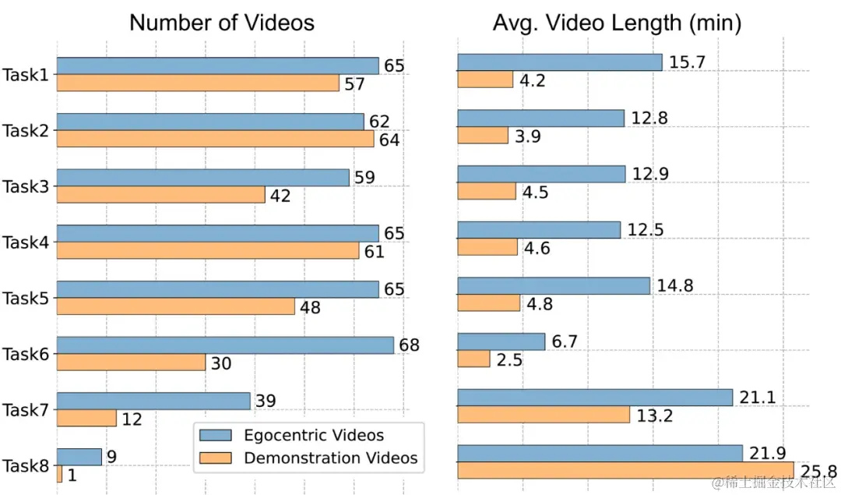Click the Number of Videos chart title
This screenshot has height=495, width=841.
click(222, 22)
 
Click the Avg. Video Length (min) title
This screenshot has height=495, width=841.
click(617, 23)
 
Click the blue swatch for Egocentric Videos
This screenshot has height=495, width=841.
click(217, 435)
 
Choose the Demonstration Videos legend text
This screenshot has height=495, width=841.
click(331, 458)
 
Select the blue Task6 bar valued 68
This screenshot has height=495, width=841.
click(225, 345)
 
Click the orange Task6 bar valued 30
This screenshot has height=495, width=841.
click(131, 362)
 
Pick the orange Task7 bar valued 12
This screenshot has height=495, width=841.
click(86, 419)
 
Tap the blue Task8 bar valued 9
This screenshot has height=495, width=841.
click(79, 457)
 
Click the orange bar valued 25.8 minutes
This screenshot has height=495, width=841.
click(625, 470)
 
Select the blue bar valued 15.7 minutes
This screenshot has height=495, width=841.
click(559, 62)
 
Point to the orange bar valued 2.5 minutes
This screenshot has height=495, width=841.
click(473, 359)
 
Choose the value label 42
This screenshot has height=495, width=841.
click(280, 196)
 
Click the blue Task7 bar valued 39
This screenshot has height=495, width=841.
click(153, 401)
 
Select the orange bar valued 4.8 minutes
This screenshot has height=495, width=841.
click(488, 302)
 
